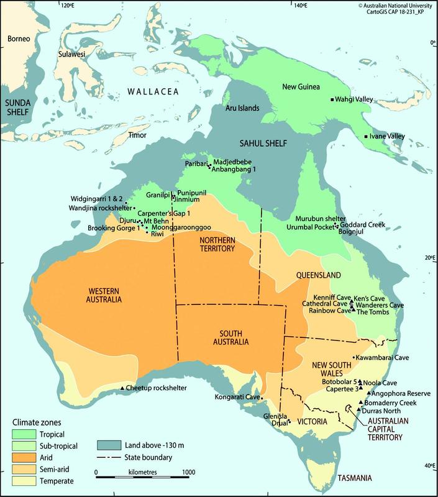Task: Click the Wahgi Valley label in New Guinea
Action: [x=358, y=99]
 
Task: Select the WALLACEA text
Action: [x=153, y=92]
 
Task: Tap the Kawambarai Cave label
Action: [x=383, y=357]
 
